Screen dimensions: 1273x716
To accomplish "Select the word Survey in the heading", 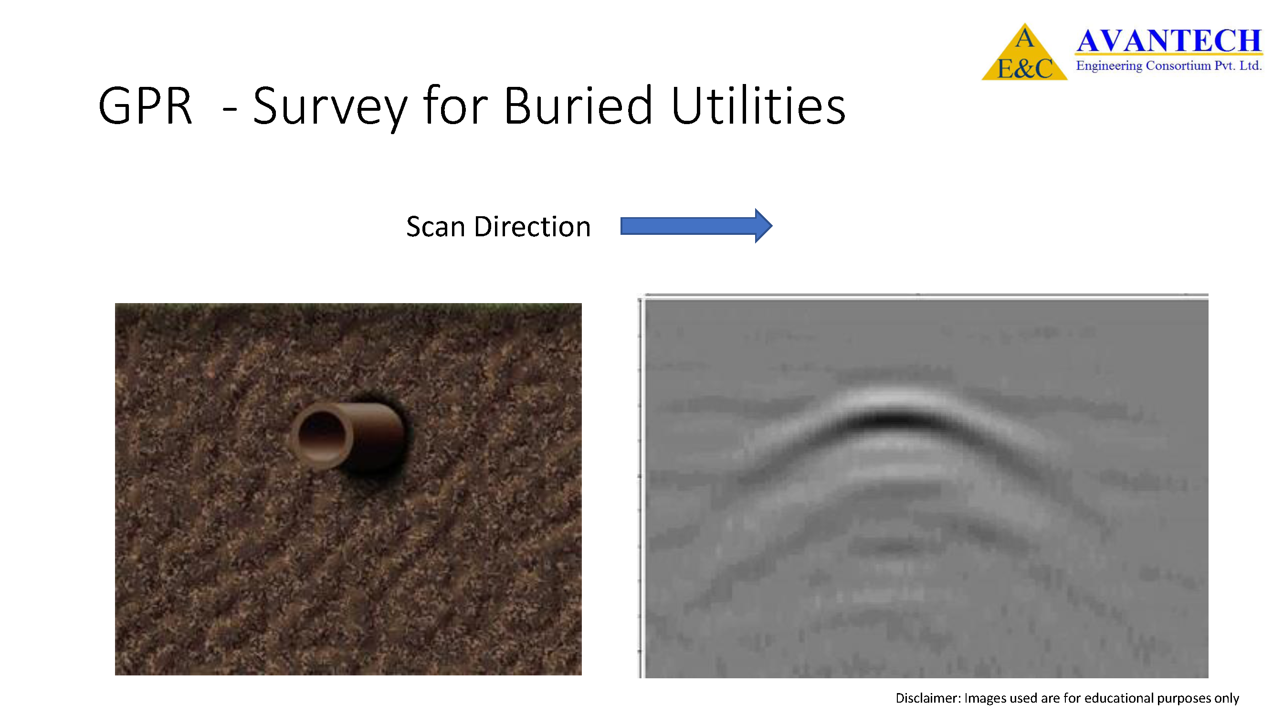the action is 330,109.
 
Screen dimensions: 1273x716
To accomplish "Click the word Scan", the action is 435,227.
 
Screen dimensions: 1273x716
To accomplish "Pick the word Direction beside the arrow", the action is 532,227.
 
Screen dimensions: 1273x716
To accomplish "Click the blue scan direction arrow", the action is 696,226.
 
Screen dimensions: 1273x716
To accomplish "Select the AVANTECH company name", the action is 1169,41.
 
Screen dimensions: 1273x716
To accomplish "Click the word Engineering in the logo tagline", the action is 1109,66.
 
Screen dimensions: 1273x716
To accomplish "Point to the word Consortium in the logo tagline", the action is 1178,65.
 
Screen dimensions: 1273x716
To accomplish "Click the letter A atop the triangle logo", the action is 1024,38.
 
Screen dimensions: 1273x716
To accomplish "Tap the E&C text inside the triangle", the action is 1024,68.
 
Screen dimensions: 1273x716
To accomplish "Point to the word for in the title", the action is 456,104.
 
